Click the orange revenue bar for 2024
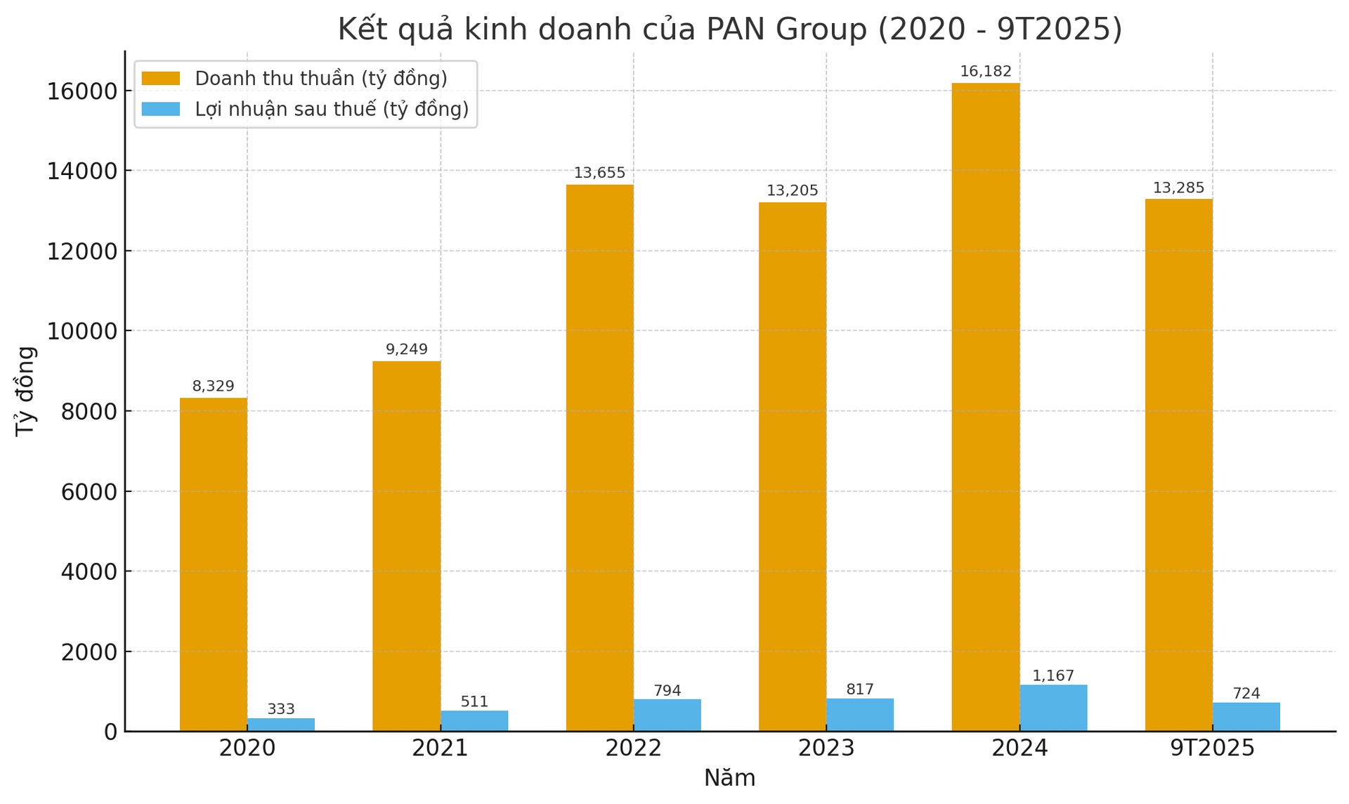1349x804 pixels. (x=985, y=408)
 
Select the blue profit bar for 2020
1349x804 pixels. (x=281, y=725)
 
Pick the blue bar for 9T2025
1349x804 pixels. (x=1246, y=717)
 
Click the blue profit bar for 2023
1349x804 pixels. (x=859, y=715)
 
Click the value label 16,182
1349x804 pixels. (x=985, y=72)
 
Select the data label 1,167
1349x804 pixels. (x=1053, y=676)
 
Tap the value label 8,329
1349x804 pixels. (x=213, y=387)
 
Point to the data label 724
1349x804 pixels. (x=1246, y=694)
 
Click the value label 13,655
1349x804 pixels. (x=599, y=173)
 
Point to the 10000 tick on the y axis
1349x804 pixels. (x=82, y=331)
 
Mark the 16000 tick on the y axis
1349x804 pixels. (x=82, y=91)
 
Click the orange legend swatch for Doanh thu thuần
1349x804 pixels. (x=161, y=79)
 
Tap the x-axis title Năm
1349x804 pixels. (x=729, y=779)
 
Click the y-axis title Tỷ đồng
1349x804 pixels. (x=25, y=391)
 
